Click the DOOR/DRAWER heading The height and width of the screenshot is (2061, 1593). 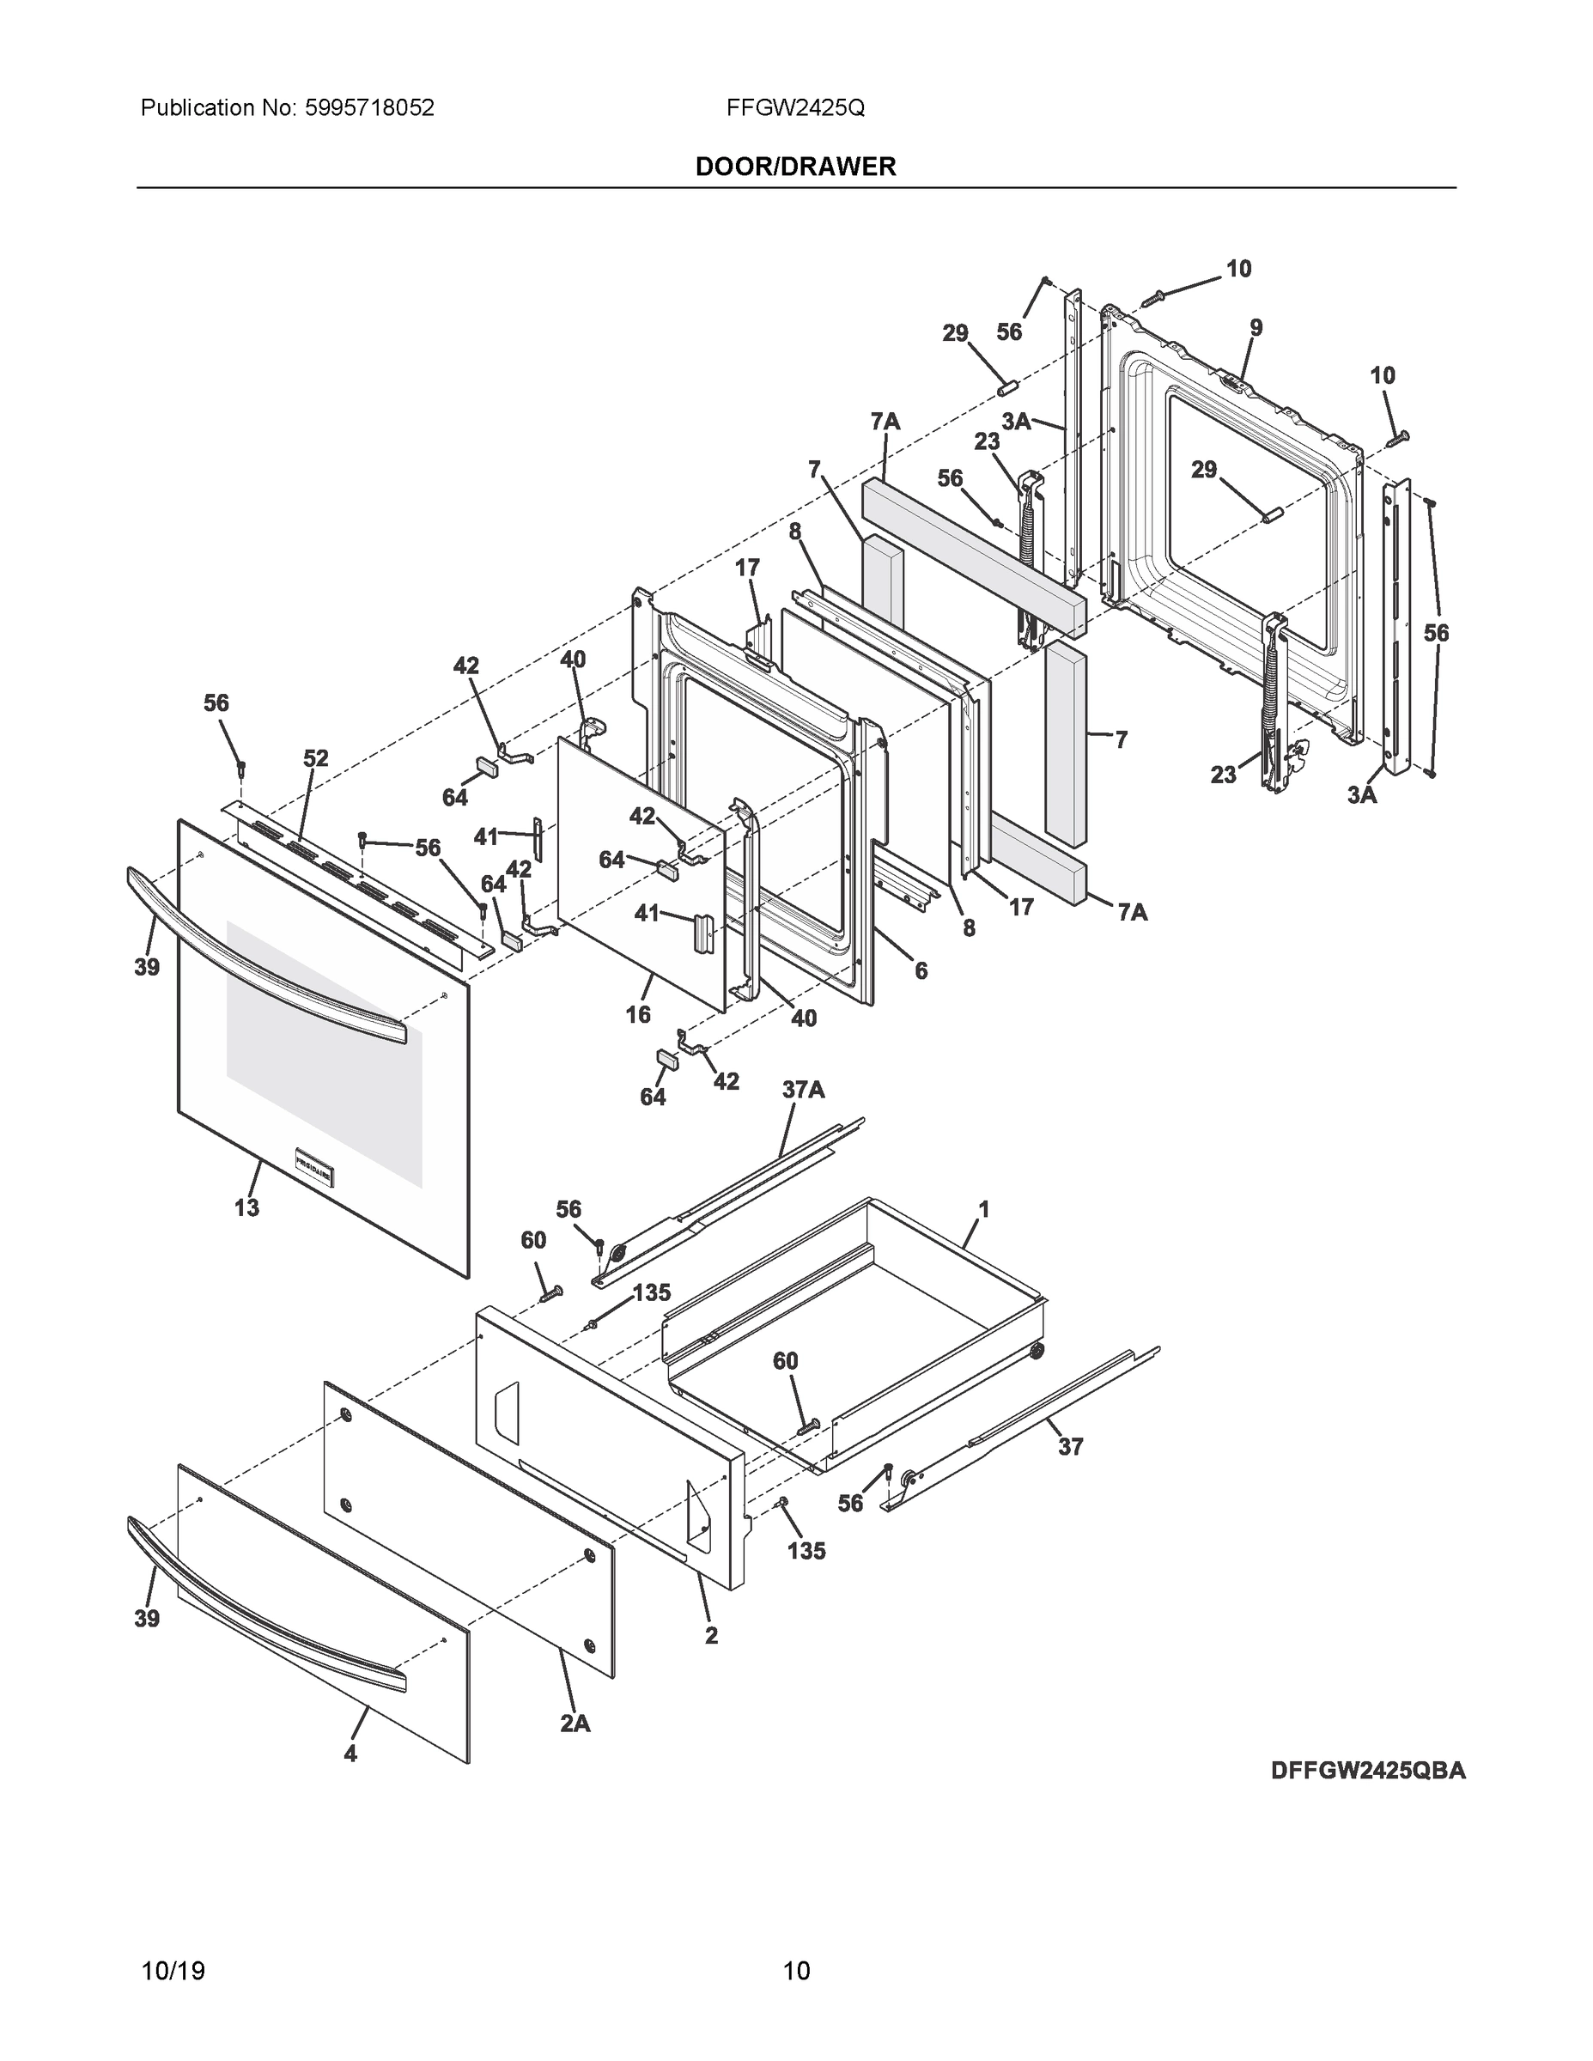click(x=794, y=167)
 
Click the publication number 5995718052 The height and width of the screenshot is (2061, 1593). click(x=369, y=108)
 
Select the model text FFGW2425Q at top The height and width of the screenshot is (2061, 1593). click(x=794, y=108)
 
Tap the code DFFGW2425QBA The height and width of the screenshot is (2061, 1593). click(x=1367, y=1771)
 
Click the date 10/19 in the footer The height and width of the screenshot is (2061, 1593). click(x=173, y=1971)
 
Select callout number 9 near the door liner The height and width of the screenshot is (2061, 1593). click(x=1256, y=327)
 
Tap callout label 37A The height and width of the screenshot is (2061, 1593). click(x=803, y=1090)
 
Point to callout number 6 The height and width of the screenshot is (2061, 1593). click(x=920, y=970)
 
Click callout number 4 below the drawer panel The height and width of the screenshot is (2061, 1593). click(x=350, y=1754)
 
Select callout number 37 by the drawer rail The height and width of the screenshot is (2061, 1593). click(x=1070, y=1447)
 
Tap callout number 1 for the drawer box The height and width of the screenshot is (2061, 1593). click(x=983, y=1209)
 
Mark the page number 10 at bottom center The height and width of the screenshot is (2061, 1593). click(x=795, y=1971)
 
